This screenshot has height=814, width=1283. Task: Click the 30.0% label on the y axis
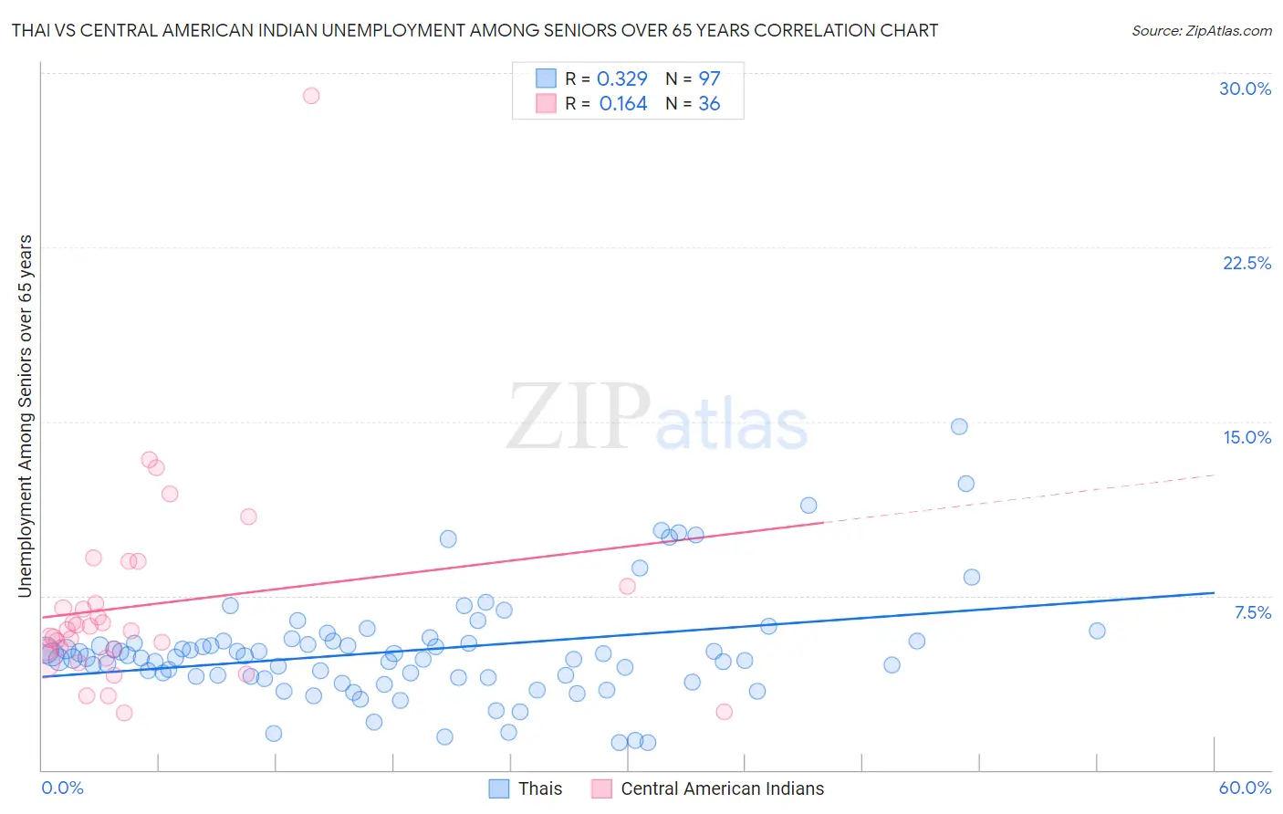click(x=1245, y=89)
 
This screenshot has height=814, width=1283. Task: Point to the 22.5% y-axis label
click(x=1246, y=263)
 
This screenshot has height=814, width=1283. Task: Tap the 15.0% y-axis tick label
click(x=1246, y=437)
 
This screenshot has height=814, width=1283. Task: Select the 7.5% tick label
click(x=1252, y=612)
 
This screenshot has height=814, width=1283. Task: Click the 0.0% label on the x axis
click(x=62, y=788)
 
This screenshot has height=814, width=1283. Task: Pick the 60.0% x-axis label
click(x=1245, y=788)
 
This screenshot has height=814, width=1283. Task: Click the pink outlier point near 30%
click(x=311, y=96)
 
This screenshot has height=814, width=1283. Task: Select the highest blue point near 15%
click(x=959, y=426)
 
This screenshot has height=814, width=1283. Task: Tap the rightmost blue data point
click(x=1097, y=631)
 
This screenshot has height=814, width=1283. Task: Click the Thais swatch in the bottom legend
click(x=498, y=788)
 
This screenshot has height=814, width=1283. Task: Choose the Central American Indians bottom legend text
click(x=722, y=788)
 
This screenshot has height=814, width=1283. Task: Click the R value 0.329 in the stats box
click(x=621, y=78)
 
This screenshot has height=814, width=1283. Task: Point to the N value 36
click(x=709, y=104)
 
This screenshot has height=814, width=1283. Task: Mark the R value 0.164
click(x=622, y=104)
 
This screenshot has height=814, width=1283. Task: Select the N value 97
click(x=709, y=78)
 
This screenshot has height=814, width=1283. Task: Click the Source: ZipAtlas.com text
click(x=1201, y=30)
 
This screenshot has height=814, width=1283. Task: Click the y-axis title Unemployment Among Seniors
click(x=25, y=415)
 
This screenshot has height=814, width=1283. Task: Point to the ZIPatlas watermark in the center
click(x=657, y=418)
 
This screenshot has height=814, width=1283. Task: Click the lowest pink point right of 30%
click(x=724, y=712)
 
